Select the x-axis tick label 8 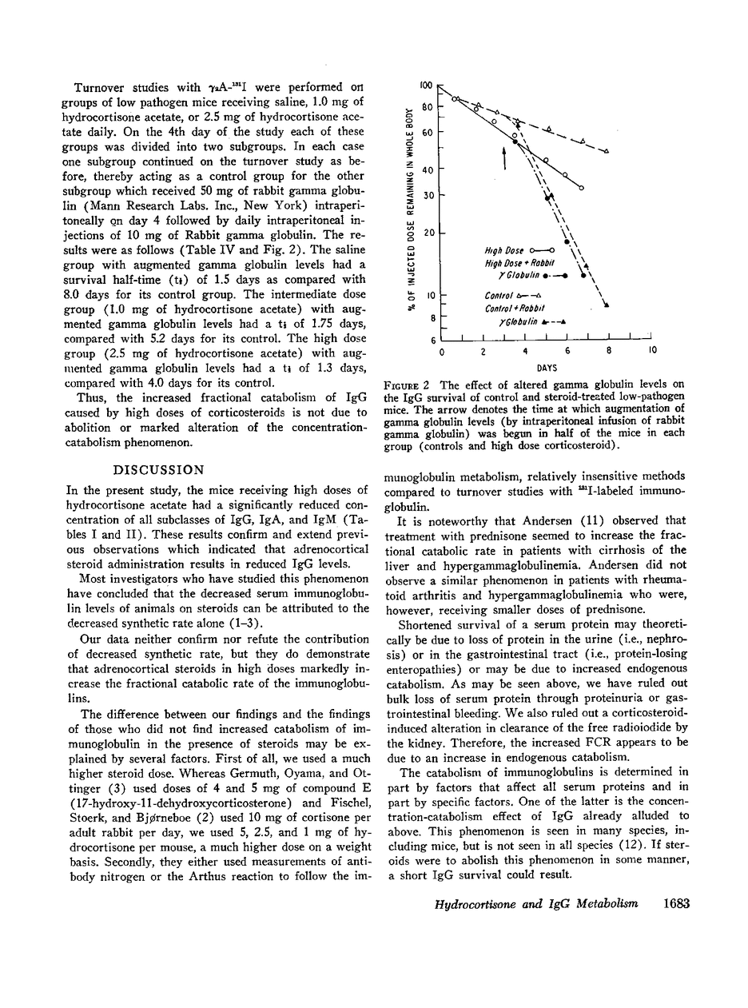click(610, 351)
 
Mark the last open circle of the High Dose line click(581, 188)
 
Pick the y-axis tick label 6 click(434, 340)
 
